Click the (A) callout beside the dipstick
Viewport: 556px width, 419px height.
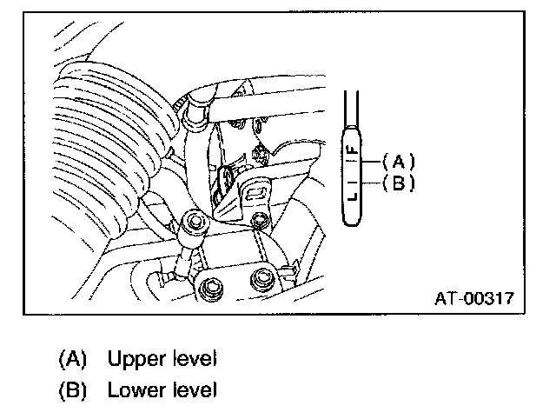pos(400,162)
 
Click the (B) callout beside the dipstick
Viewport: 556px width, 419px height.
pos(400,183)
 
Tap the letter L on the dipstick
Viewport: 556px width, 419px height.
pos(352,200)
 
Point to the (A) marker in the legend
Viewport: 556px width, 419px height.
pos(73,358)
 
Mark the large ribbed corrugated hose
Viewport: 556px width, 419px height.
pos(96,148)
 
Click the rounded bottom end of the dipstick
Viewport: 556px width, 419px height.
pos(352,223)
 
